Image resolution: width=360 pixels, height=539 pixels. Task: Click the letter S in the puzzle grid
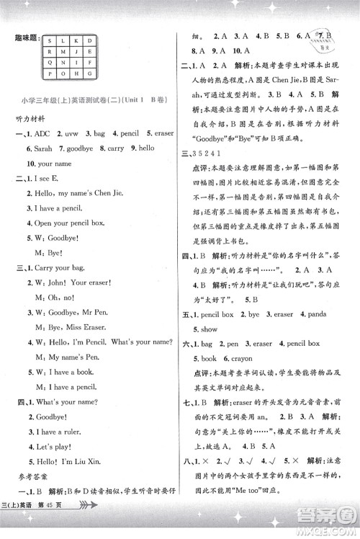[49, 40]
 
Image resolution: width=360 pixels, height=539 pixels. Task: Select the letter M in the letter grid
[64, 50]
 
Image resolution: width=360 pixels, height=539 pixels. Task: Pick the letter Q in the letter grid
[49, 61]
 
